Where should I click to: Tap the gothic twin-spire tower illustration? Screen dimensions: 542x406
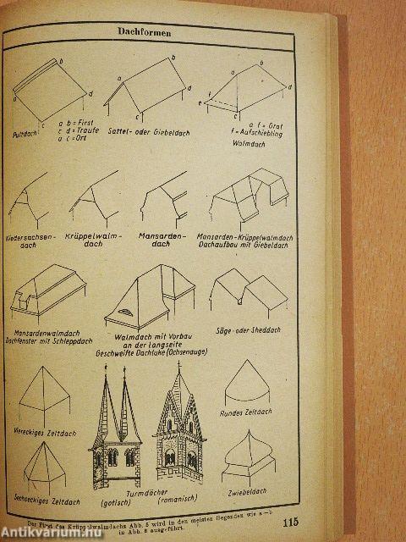(117, 432)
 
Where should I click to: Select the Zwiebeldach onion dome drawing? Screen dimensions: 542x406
(250, 453)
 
